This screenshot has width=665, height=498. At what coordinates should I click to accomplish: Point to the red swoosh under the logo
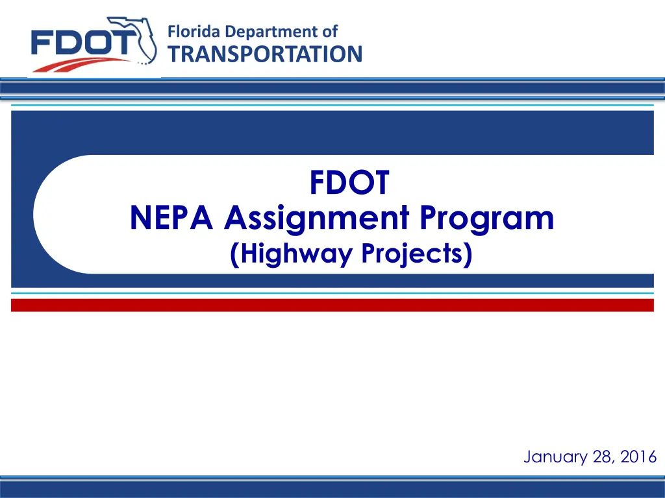(81, 65)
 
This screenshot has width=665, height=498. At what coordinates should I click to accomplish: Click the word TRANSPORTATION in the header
(265, 54)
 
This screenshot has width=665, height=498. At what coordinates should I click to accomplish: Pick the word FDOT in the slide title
(349, 182)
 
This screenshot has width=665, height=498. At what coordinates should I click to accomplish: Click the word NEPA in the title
(171, 218)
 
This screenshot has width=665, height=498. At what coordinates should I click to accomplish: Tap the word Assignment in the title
(316, 219)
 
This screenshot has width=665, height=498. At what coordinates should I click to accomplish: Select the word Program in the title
(487, 219)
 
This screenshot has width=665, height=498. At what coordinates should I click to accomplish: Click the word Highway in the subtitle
(296, 254)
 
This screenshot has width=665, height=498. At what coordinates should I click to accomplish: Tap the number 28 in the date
(602, 456)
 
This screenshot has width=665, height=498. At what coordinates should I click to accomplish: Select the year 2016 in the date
(638, 456)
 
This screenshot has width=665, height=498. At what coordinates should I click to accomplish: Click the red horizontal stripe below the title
(332, 305)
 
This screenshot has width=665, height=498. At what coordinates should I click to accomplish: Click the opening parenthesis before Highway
(234, 255)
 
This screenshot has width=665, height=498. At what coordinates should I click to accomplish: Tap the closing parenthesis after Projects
(468, 255)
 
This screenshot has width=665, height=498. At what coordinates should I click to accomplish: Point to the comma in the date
(614, 462)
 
